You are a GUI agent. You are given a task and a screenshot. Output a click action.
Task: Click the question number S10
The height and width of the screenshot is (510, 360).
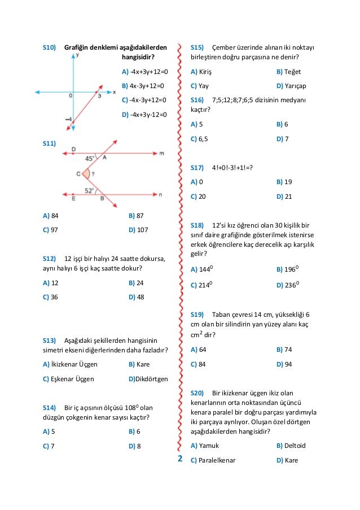pos(50,47)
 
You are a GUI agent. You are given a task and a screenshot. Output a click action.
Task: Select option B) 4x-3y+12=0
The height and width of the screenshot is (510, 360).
pos(143,86)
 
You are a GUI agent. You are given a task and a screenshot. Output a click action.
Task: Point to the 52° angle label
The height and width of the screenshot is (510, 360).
pos(89,190)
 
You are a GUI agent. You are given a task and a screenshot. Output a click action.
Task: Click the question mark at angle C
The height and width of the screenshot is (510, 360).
pos(93,174)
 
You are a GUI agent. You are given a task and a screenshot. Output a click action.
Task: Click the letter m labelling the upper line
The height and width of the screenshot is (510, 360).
pos(161,153)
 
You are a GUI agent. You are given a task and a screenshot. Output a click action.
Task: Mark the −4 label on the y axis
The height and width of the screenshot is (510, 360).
pos(68,119)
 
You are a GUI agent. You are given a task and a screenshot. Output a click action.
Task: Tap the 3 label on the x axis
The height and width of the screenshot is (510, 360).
pos(99,96)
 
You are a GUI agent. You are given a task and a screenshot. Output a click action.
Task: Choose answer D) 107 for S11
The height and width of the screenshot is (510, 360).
pos(138,230)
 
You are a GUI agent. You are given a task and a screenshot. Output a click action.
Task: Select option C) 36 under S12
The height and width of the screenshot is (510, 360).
pos(50,297)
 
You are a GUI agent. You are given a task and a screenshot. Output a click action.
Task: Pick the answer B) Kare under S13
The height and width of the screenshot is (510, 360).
pos(139,364)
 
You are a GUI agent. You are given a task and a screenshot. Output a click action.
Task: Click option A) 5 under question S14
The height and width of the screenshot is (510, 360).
pos(49,431)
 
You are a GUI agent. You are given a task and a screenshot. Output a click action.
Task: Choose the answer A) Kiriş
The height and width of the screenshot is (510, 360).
pos(201,72)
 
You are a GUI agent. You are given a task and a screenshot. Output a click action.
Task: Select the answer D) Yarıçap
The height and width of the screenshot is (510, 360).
pos(292,86)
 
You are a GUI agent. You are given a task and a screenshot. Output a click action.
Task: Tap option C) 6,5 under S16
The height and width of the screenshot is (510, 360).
pos(199,139)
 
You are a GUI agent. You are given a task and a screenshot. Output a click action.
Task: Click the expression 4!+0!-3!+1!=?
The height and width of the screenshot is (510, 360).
pos(232,168)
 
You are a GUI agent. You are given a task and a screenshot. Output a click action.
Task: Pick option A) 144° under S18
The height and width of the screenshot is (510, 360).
pos(202,269)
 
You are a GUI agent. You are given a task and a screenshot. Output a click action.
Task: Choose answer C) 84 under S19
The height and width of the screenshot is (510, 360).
pos(198,364)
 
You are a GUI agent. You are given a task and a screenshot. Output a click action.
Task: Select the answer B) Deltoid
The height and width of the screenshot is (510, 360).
pos(291,446)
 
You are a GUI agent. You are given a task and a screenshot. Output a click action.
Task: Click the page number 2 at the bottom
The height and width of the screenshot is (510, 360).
pos(180,459)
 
